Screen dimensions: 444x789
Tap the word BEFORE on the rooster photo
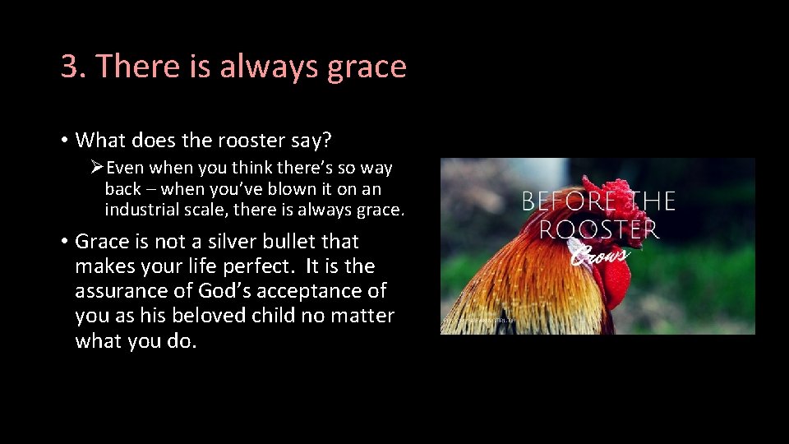[x=566, y=201]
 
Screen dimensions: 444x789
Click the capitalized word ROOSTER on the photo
[x=599, y=229]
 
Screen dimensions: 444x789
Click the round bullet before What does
[x=62, y=141]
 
